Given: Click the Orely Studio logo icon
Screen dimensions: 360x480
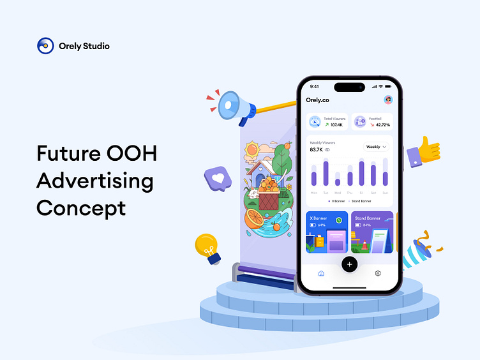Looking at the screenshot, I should pyautogui.click(x=45, y=46).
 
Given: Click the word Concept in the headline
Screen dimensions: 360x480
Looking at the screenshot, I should pyautogui.click(x=81, y=208).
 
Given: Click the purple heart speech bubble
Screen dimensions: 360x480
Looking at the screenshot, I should pyautogui.click(x=218, y=179).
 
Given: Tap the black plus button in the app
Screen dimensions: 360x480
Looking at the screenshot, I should pyautogui.click(x=349, y=264).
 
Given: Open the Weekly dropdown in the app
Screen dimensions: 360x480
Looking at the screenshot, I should pyautogui.click(x=376, y=146).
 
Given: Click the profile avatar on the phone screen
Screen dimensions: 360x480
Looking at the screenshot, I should pyautogui.click(x=387, y=100).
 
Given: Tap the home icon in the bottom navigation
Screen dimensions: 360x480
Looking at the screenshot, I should pyautogui.click(x=321, y=273).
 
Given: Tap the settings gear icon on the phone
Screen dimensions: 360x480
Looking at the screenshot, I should pyautogui.click(x=378, y=273).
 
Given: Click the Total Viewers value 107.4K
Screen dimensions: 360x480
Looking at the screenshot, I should pyautogui.click(x=336, y=125).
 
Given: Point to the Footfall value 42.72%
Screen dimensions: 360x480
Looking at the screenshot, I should pyautogui.click(x=382, y=125).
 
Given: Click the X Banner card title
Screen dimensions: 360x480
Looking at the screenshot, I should pyautogui.click(x=319, y=218).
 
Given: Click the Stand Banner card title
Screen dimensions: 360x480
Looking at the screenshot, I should pyautogui.click(x=367, y=218).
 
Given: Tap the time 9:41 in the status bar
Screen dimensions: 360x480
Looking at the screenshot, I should pyautogui.click(x=314, y=86).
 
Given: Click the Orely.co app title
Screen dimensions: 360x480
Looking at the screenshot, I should pyautogui.click(x=317, y=100).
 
